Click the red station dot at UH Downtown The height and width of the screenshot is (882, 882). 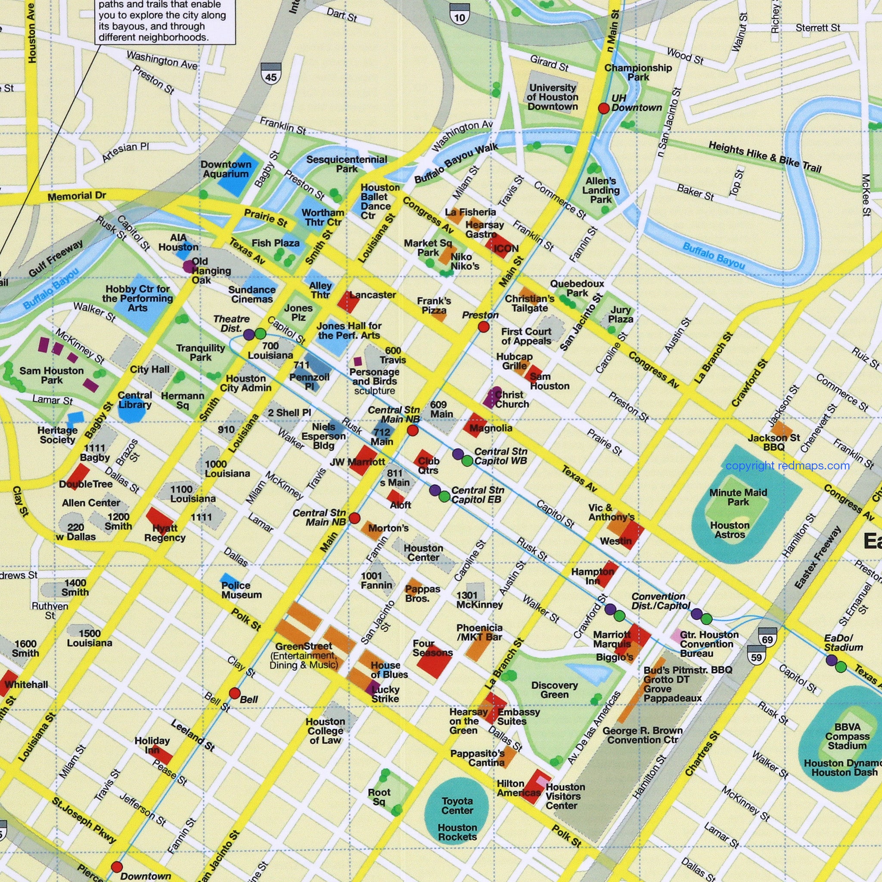click(604, 108)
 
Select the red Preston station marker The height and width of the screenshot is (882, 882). click(484, 326)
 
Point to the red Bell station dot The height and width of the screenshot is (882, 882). click(235, 693)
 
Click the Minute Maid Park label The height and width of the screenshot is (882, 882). click(738, 497)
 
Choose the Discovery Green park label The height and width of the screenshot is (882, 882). click(554, 690)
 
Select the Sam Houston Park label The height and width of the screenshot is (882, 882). click(52, 375)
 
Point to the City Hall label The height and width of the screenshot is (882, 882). click(149, 370)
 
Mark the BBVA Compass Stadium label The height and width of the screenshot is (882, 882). click(847, 736)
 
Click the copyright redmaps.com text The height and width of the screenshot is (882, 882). click(788, 466)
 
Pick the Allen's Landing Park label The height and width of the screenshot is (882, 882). click(600, 190)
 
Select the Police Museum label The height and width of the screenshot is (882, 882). click(242, 590)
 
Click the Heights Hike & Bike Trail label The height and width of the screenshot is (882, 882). click(765, 157)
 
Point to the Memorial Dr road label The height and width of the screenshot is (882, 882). click(77, 196)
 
